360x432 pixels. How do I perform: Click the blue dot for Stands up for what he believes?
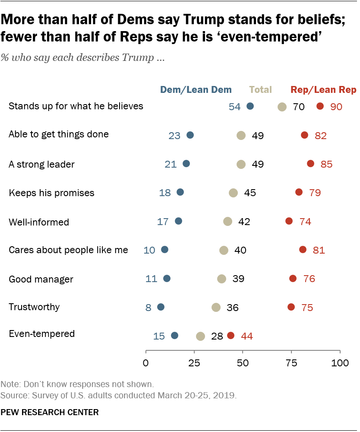pyautogui.click(x=250, y=106)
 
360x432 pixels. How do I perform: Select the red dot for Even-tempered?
pyautogui.click(x=231, y=336)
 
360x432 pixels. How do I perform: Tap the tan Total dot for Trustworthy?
pyautogui.click(x=216, y=307)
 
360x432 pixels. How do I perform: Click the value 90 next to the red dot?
pyautogui.click(x=336, y=107)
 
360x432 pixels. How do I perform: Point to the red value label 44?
pyautogui.click(x=247, y=336)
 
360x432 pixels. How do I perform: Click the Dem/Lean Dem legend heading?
pyautogui.click(x=196, y=90)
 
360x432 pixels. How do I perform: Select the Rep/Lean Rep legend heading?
pyautogui.click(x=323, y=90)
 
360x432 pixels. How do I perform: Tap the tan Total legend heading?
pyautogui.click(x=260, y=90)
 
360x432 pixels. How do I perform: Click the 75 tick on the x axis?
pyautogui.click(x=292, y=363)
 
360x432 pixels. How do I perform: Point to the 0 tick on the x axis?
pyautogui.click(x=146, y=363)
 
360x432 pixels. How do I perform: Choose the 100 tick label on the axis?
pyautogui.click(x=340, y=363)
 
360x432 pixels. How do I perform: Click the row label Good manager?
pyautogui.click(x=41, y=280)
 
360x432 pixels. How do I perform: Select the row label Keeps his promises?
pyautogui.click(x=51, y=193)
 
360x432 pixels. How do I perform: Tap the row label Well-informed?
pyautogui.click(x=39, y=222)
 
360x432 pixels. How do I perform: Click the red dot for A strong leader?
pyautogui.click(x=310, y=164)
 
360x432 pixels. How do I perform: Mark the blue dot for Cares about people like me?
pyautogui.click(x=164, y=250)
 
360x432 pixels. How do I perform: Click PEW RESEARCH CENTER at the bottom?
pyautogui.click(x=50, y=413)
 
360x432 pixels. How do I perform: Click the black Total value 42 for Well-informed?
pyautogui.click(x=244, y=222)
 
